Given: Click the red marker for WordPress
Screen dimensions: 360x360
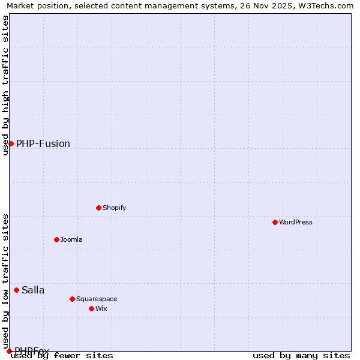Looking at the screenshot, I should (275, 222).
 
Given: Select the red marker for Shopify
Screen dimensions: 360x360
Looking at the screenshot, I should (98, 208).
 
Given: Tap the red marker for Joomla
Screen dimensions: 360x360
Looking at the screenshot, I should (56, 239).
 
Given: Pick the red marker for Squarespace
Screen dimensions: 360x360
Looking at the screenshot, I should (72, 299).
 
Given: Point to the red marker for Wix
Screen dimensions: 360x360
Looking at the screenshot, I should (91, 308).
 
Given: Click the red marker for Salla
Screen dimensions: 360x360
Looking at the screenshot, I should (17, 290).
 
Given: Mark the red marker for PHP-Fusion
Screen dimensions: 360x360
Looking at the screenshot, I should (11, 143).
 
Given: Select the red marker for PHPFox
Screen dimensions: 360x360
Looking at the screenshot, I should (9, 351).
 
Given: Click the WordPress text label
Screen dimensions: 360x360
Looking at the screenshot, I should (296, 222).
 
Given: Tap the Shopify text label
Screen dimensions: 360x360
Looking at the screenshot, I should (114, 208).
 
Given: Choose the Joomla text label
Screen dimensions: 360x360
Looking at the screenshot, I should (71, 239).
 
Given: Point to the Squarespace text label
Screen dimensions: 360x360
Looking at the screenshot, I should (97, 299).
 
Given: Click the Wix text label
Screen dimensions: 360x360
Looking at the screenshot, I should (101, 308).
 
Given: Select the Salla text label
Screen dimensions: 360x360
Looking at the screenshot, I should (33, 290).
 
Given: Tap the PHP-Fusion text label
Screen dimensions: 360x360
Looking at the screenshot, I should (43, 143).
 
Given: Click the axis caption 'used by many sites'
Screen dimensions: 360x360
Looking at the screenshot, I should (301, 355).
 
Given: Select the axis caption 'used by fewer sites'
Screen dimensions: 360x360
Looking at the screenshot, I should (62, 355).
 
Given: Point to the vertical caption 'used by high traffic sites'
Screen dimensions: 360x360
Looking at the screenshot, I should (6, 85).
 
